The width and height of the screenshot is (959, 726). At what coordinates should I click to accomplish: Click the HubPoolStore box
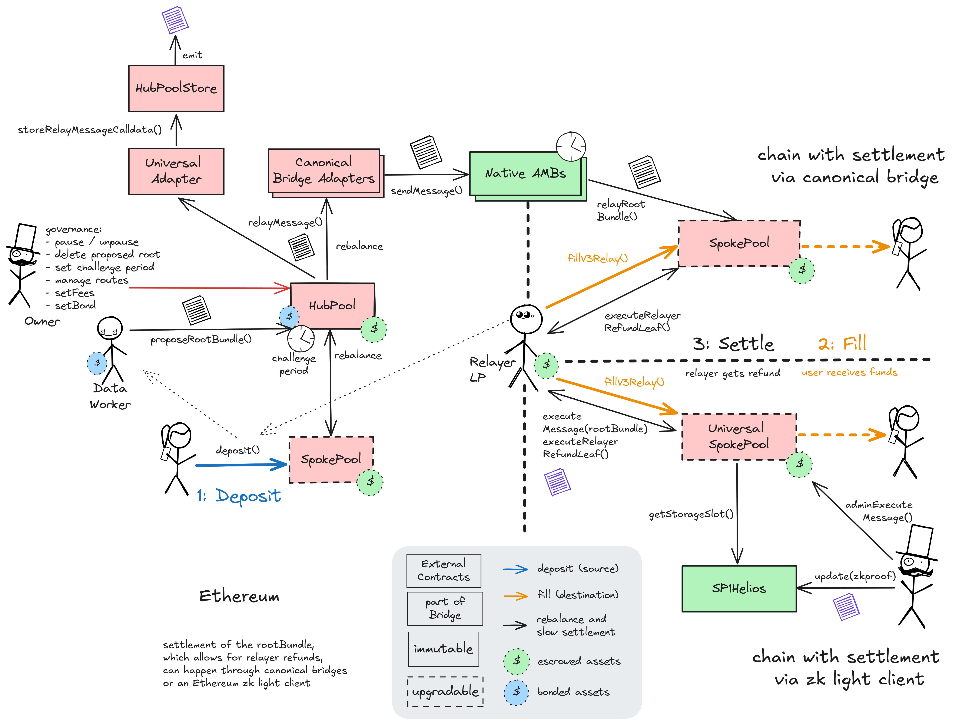(176, 88)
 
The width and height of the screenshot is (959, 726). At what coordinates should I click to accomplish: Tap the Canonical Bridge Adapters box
(324, 171)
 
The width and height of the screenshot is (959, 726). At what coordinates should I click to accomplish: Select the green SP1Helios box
(739, 588)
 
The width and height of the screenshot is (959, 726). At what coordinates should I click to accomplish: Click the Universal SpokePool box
(739, 437)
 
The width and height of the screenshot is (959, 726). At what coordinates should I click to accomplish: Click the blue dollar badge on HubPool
(289, 316)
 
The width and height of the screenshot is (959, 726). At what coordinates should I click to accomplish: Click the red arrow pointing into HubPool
(208, 288)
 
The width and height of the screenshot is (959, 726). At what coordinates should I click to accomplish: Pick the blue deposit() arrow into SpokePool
(241, 465)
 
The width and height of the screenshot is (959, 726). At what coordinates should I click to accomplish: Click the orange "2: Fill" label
(842, 344)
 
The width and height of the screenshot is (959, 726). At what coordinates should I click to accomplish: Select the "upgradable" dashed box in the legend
(445, 691)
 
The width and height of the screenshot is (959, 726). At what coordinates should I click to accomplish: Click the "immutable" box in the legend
(443, 649)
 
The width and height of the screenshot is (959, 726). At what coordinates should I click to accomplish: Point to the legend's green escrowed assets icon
(516, 661)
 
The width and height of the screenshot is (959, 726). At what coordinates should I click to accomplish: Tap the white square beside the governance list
(25, 237)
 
